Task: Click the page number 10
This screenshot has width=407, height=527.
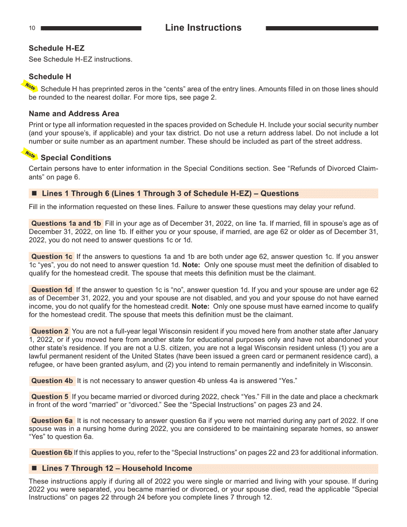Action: (32, 28)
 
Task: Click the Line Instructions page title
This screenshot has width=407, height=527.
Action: (203, 28)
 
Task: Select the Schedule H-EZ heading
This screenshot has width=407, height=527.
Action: (57, 48)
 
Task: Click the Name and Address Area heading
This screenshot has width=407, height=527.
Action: (74, 114)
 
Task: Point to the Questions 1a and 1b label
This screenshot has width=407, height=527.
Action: (66, 223)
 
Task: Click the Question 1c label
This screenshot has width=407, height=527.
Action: (52, 257)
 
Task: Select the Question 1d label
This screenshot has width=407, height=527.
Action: (52, 290)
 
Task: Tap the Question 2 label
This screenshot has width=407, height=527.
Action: (50, 331)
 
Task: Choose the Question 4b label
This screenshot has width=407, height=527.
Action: (52, 381)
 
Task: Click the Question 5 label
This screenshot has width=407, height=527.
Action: (50, 397)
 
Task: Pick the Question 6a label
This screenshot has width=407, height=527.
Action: (52, 421)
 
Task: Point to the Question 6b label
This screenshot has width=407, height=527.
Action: (52, 452)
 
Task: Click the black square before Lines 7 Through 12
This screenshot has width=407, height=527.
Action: (35, 468)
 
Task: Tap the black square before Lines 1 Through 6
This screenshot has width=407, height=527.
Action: (35, 193)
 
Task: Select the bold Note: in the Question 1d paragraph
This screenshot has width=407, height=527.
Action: (201, 306)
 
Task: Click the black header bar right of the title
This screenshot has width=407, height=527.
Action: (322, 28)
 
